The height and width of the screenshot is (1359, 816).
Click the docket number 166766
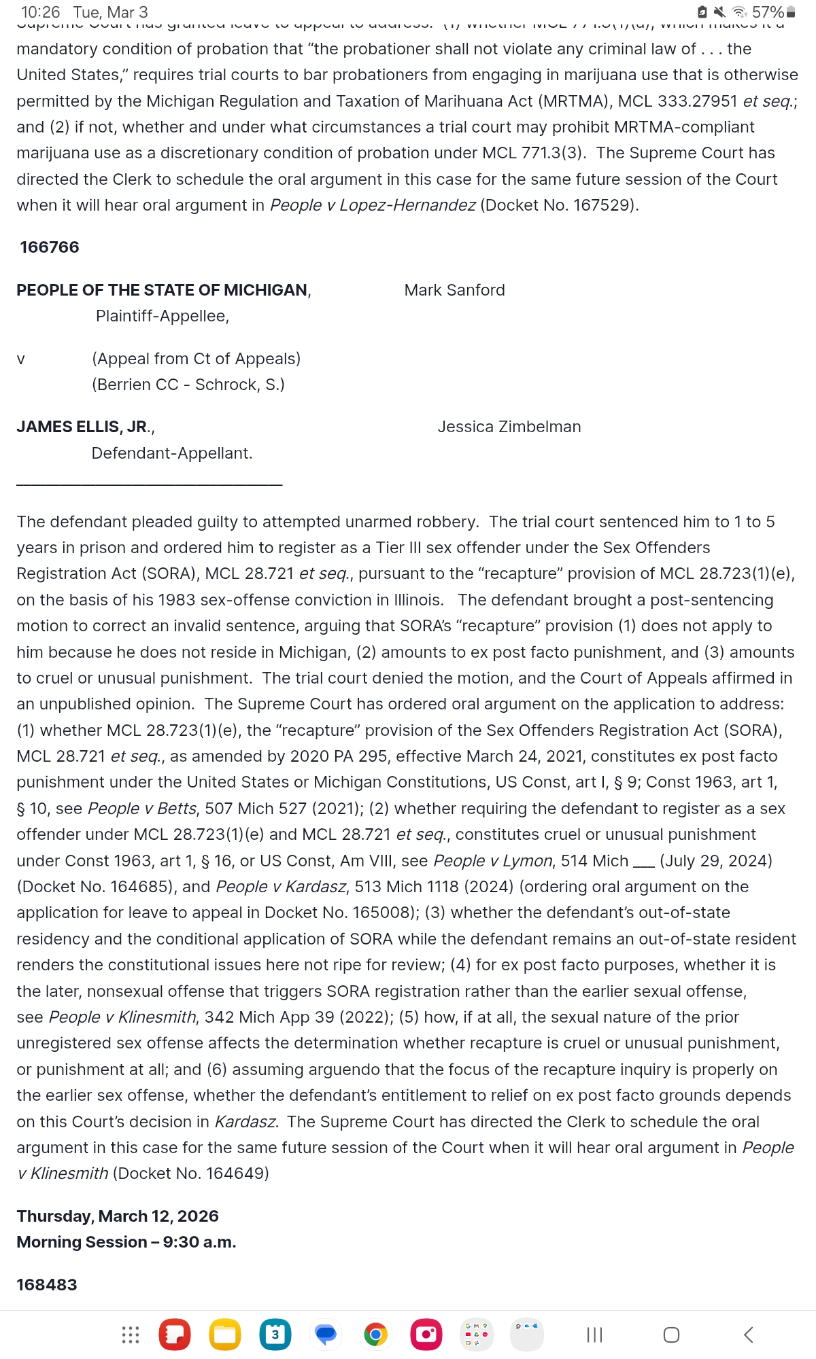pos(50,247)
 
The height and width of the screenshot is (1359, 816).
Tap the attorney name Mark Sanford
pos(454,290)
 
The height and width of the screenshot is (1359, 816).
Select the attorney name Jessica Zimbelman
pos(509,427)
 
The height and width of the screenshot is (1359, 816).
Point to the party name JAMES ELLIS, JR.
pos(85,427)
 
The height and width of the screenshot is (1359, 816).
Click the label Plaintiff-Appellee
pos(162,316)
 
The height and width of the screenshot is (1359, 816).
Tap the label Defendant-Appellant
pos(171,453)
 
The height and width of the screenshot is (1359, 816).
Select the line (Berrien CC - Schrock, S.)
pos(188,385)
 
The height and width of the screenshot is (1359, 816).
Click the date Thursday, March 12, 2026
pos(118,1216)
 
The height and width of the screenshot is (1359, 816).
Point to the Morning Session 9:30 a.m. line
pos(126,1242)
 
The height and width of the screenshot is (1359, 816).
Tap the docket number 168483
pos(47,1285)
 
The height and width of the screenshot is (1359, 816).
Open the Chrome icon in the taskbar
pos(375,1335)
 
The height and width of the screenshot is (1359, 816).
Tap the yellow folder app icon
pos(224,1335)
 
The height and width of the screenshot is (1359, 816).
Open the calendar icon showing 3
pos(275,1335)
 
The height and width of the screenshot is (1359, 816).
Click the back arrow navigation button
pos(748,1335)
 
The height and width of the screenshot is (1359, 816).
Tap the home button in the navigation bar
pos(671,1335)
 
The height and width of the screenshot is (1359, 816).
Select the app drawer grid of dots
pos(130,1335)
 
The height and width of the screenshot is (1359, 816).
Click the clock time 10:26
pos(40,12)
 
